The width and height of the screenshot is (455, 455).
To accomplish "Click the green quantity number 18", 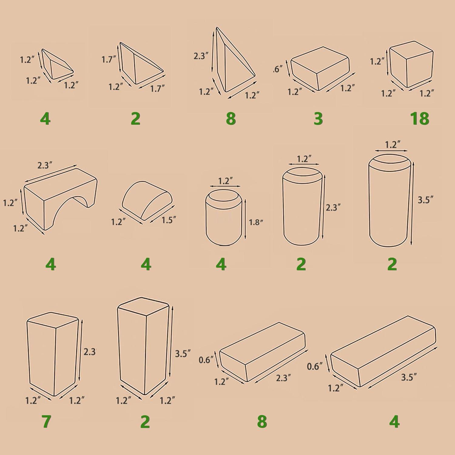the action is pos(420,119).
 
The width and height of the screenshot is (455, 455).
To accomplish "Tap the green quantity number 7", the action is pos(46,422).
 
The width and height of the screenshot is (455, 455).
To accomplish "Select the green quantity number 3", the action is pos(318,119).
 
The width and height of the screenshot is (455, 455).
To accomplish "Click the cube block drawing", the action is pos(412,64).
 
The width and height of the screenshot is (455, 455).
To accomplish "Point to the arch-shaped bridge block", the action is pos(61,199).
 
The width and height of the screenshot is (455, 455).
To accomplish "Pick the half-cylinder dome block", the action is pos(147,200).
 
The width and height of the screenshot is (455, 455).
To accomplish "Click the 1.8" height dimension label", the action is pos(256,222).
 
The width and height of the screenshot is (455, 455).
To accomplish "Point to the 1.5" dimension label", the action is pos(169,220).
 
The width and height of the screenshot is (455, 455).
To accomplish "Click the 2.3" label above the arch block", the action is pos(45,165).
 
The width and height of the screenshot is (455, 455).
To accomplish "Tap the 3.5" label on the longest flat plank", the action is pos(409,377).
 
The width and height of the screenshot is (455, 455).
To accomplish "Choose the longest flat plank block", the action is pos(383,351).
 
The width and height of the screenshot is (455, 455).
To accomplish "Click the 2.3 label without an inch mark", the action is pos(89,352).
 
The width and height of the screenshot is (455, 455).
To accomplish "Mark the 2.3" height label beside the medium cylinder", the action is pos(333,207).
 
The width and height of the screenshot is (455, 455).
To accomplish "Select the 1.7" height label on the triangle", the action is pos(109,59).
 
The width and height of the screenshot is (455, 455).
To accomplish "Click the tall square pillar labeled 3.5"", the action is pos(143,346).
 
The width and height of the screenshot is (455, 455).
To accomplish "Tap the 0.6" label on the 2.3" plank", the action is pos(206,360).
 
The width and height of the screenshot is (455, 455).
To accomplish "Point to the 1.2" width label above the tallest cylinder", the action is pos(393,144).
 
